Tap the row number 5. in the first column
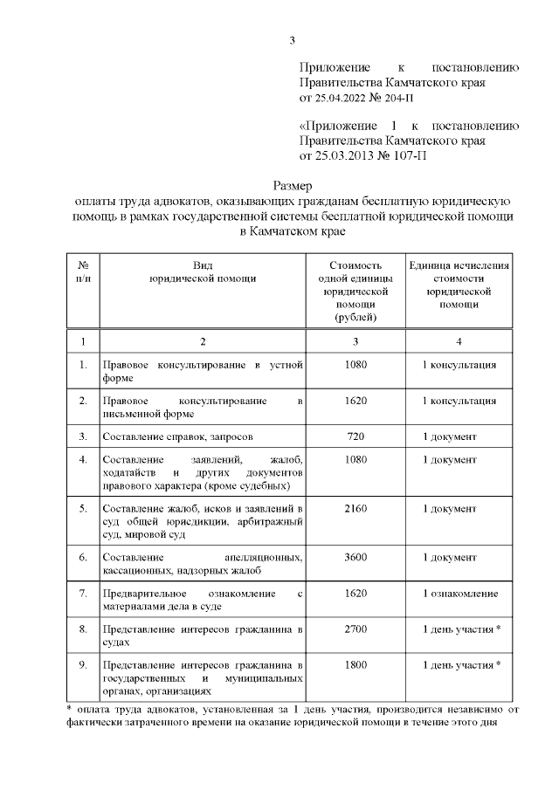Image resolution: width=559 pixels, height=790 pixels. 83,508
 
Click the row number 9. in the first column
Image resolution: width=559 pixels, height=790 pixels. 83,665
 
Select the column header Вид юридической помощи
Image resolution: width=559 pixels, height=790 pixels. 203,271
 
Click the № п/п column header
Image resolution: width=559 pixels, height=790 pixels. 83,271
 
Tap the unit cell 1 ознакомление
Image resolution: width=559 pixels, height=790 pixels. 460,594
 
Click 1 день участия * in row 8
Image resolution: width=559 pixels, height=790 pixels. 460,629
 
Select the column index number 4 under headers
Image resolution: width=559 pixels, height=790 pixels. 460,340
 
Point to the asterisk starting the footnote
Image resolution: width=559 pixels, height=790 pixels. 70,707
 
